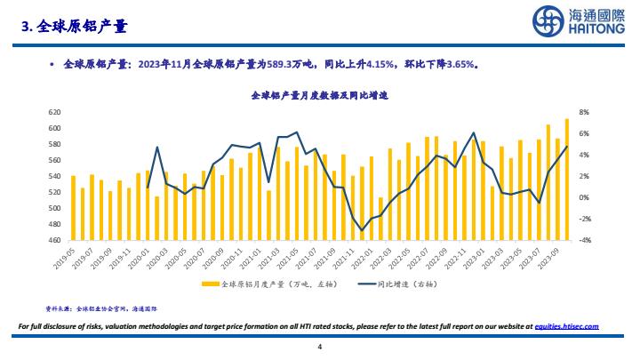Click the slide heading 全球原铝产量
[x=80, y=28]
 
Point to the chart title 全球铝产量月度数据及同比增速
[x=319, y=94]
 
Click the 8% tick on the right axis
[x=584, y=113]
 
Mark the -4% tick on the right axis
[x=584, y=240]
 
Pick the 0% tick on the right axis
[x=584, y=197]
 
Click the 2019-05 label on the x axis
[x=68, y=257]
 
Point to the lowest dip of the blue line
[x=362, y=230]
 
